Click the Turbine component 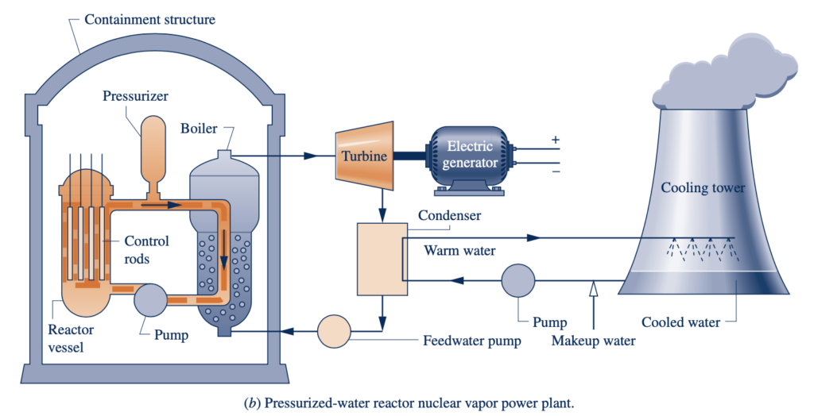tap(364, 156)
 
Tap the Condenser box tap(382, 259)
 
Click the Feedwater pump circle tap(334, 331)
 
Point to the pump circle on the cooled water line tap(518, 280)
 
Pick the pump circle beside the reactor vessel tap(150, 300)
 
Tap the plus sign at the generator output tap(556, 140)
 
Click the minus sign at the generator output tap(556, 171)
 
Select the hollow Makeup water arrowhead tap(593, 289)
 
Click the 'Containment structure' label tap(149, 20)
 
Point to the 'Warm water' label tap(459, 251)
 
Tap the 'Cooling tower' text tap(703, 188)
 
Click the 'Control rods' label tap(146, 249)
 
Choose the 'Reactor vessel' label tap(71, 338)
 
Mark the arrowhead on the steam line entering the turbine tap(311, 156)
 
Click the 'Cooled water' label tap(680, 322)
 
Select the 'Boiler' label tap(199, 128)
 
